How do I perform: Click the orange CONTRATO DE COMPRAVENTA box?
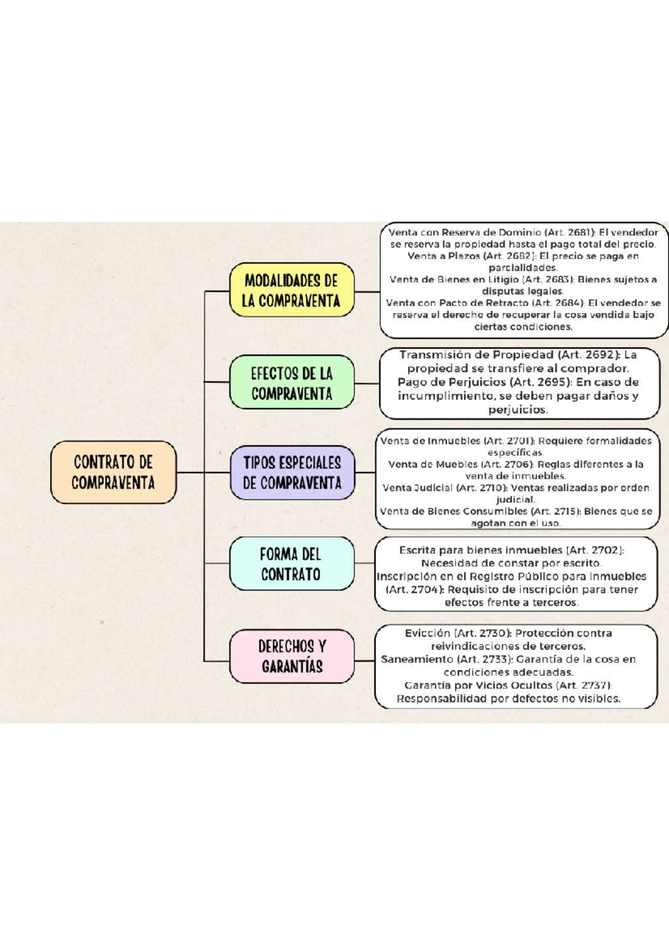tap(113, 472)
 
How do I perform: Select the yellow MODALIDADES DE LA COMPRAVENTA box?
tap(292, 290)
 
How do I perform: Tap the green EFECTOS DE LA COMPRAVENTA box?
tap(292, 383)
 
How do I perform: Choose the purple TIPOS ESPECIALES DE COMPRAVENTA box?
tap(292, 472)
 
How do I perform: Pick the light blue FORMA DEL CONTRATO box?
tap(291, 564)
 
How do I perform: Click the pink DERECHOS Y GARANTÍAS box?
tap(292, 656)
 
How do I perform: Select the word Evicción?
tap(428, 633)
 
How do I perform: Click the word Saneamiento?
tap(416, 659)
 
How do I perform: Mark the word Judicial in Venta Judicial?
tap(432, 487)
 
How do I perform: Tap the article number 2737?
tap(595, 685)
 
